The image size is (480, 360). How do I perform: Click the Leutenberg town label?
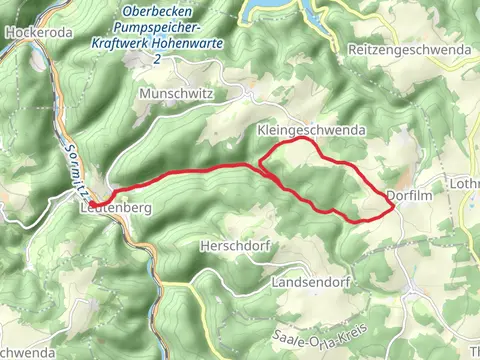pos(113,208)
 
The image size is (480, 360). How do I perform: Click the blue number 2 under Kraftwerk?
pos(157,60)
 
